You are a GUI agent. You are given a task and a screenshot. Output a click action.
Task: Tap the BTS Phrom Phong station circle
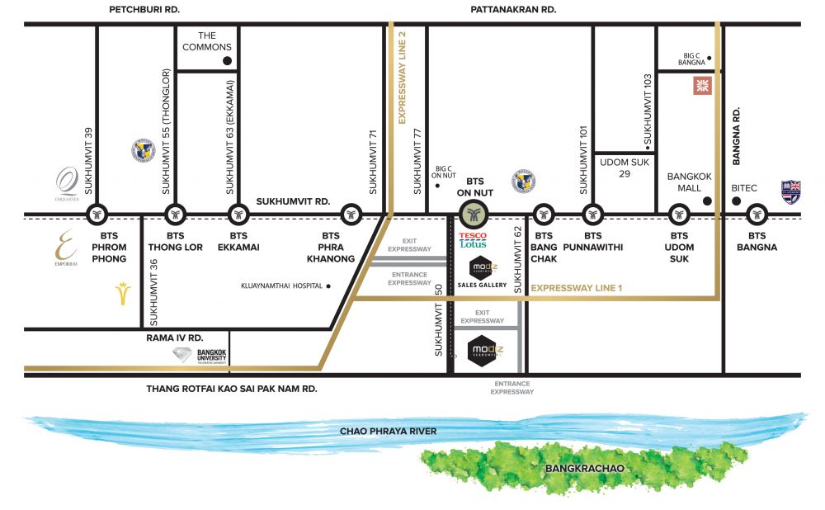[x=98, y=215]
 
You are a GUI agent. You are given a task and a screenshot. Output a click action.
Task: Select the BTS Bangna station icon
[x=757, y=215]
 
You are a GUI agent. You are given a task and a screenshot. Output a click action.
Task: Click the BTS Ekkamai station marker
[x=238, y=215]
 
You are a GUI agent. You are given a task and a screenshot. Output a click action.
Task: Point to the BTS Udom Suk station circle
[x=679, y=215]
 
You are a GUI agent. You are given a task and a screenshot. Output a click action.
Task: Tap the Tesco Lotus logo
[x=473, y=239]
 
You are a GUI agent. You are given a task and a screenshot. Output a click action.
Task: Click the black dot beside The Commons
[x=229, y=61]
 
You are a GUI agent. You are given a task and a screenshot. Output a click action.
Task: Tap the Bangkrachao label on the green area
[x=583, y=469]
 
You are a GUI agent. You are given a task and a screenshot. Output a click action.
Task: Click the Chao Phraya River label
[x=389, y=432]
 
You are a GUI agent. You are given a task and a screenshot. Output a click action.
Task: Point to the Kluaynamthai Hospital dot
[x=328, y=286]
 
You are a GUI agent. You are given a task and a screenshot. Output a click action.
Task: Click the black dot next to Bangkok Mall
[x=706, y=201]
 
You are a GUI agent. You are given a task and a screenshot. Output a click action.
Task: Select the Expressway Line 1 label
[x=578, y=289]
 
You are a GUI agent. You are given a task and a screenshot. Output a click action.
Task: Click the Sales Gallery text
[x=481, y=285]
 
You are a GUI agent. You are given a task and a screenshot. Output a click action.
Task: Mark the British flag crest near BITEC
[x=791, y=191]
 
